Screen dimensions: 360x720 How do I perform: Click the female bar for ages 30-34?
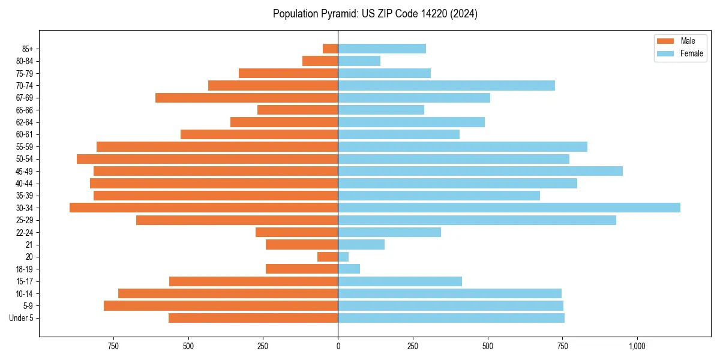[x=509, y=208]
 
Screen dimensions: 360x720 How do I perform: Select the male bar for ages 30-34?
[x=204, y=208]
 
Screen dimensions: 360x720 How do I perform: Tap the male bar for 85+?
[x=331, y=49]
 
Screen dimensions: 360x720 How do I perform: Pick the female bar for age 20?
[x=343, y=257]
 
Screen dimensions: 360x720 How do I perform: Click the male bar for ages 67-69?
[x=247, y=98]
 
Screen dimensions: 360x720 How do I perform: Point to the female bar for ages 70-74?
[x=446, y=85]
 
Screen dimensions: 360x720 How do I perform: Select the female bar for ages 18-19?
[x=349, y=269]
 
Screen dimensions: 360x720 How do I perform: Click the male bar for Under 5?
[x=253, y=318]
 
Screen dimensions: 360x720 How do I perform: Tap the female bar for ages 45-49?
[x=480, y=171]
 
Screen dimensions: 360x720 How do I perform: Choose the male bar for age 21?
[x=302, y=244]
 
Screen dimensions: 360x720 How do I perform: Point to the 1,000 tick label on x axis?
[x=637, y=346]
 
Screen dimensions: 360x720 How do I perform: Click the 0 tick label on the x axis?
[x=338, y=346]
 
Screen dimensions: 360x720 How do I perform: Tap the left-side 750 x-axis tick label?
[x=113, y=346]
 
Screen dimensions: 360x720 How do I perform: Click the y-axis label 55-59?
[x=24, y=146]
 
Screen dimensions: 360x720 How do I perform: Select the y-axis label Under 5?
[x=21, y=318]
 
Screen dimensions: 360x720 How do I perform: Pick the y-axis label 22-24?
[x=24, y=232]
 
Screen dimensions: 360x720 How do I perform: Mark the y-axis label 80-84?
[x=24, y=61]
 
